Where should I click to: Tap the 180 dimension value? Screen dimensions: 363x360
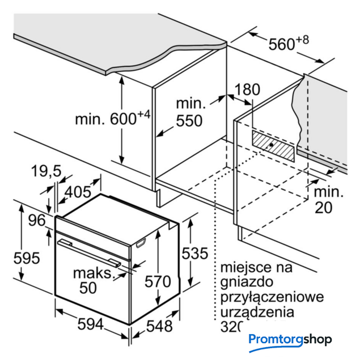pos(247,90)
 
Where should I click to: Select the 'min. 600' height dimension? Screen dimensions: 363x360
pos(112,120)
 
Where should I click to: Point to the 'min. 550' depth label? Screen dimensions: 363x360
pos(189,113)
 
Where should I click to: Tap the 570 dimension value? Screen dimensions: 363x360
pos(158,281)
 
